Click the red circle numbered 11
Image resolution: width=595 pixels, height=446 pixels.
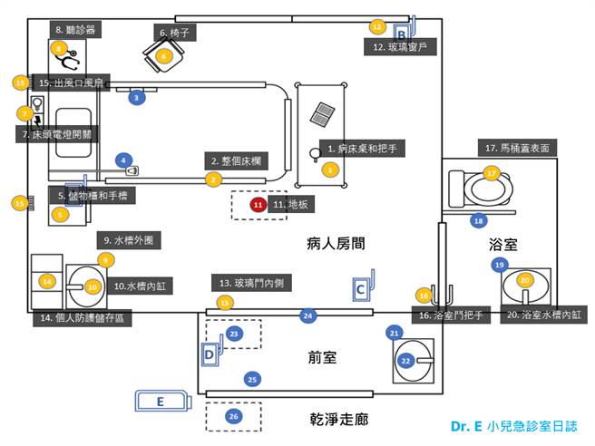coord(258,205)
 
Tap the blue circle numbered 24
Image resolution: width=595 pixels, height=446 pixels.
coord(308,315)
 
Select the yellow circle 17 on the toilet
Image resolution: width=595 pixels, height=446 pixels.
coord(492,172)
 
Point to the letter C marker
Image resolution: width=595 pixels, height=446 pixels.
coord(361,288)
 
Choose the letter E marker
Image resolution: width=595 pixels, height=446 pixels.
coord(161,400)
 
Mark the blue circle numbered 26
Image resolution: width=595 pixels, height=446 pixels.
coord(233,416)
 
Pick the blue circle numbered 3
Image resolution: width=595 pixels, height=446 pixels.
coord(136,97)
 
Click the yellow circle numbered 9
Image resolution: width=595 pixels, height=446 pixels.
coord(105,259)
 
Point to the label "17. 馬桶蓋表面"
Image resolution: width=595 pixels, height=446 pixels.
coord(517,148)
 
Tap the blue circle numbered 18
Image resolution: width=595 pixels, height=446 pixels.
coord(479,220)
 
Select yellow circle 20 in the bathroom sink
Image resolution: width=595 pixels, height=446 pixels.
coord(524,280)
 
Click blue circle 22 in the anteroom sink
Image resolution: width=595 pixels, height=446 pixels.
coord(406,360)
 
